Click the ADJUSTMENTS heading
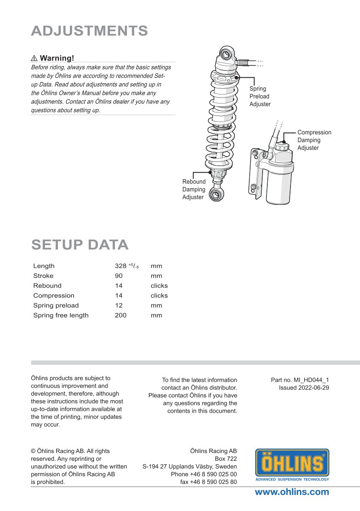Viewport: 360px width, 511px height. [90, 31]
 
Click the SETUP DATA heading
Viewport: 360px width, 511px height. [80, 244]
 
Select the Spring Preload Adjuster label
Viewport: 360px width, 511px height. [260, 96]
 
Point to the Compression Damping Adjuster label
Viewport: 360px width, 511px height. [314, 140]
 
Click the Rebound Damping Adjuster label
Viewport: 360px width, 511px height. [194, 189]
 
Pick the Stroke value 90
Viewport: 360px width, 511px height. [119, 276]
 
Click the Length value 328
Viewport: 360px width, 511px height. [121, 266]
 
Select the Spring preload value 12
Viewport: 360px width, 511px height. [119, 305]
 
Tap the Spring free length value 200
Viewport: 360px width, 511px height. [121, 315]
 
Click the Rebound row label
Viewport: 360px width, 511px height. [47, 286]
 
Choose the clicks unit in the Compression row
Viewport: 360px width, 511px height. [159, 295]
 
